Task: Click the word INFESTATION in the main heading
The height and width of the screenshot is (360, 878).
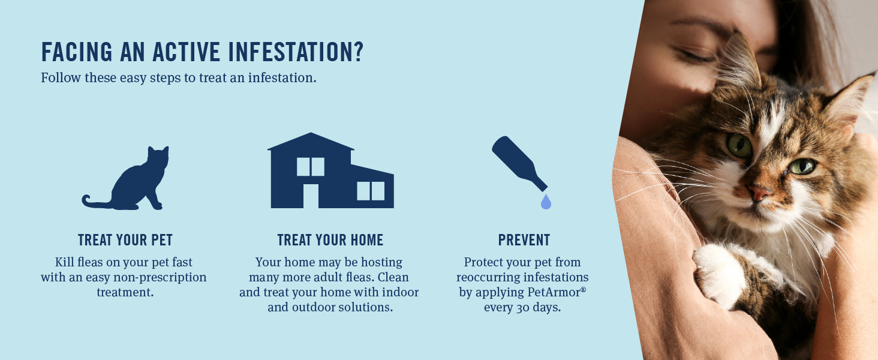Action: click(x=296, y=52)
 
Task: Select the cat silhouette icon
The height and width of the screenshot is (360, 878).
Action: click(x=125, y=178)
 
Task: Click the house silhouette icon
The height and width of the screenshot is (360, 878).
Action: click(x=331, y=170)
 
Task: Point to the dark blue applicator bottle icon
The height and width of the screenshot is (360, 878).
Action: click(x=518, y=163)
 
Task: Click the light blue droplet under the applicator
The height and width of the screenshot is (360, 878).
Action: click(x=546, y=202)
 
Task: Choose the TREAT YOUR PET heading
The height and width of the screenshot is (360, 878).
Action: click(x=125, y=240)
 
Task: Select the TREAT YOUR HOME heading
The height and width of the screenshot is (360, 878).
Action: click(x=330, y=240)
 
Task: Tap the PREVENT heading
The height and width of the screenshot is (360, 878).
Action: click(x=524, y=240)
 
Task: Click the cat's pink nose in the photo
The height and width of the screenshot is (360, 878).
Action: click(x=759, y=193)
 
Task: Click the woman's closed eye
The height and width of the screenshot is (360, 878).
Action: click(x=693, y=56)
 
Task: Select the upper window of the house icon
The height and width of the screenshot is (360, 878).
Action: click(x=311, y=167)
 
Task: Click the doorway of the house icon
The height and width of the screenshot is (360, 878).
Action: click(x=311, y=196)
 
